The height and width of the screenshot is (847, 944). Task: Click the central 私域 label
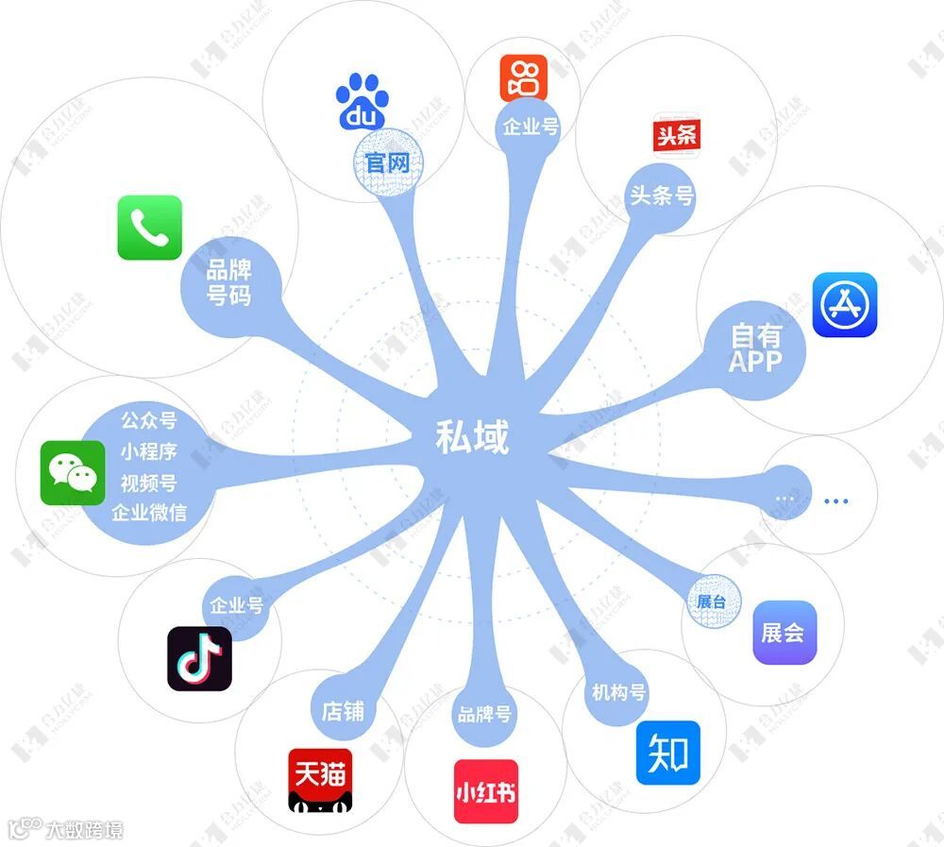pos(472,437)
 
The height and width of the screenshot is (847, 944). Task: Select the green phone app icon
pos(149,228)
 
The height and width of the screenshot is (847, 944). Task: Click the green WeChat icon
pos(73,472)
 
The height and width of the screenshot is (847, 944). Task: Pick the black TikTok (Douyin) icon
pos(199,657)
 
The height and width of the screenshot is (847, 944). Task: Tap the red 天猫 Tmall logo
pos(320,781)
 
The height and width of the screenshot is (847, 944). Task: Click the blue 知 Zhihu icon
pos(668,753)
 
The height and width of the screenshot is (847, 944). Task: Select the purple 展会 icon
pos(784,633)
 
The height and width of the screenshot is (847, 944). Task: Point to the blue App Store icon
pos(845,305)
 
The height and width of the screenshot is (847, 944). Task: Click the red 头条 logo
pos(677,135)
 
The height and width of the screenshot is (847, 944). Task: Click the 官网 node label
pos(387,162)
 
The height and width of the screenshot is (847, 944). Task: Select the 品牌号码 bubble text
pos(229,282)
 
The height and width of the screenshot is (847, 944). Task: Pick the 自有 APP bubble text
pos(755,347)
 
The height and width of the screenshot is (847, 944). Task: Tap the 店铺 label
pos(343,710)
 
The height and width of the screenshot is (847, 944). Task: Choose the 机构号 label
pos(618,692)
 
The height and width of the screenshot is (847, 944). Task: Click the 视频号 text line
pos(148,483)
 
